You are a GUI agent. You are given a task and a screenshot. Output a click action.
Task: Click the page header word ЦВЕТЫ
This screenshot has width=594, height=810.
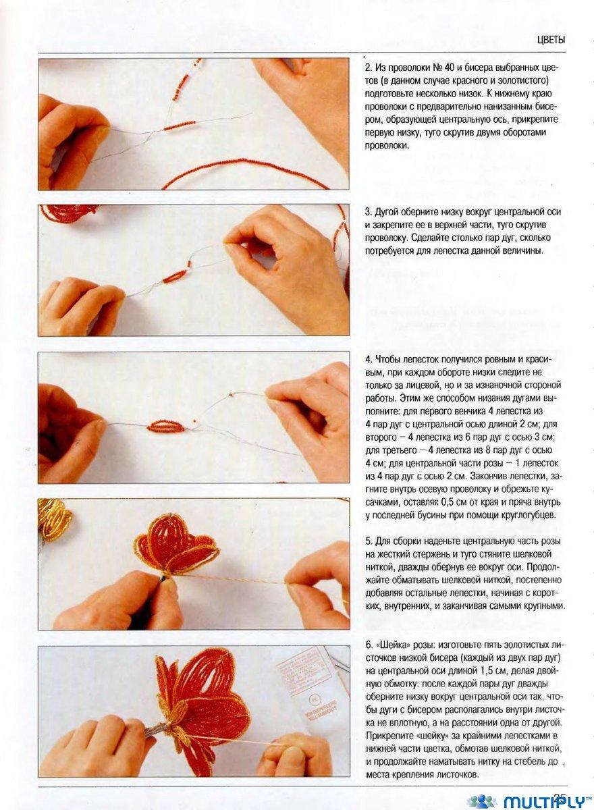click(x=551, y=40)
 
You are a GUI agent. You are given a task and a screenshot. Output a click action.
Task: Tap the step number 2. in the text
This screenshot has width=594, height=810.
click(x=369, y=67)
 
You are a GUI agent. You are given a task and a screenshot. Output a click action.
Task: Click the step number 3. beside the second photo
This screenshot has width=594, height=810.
click(x=369, y=211)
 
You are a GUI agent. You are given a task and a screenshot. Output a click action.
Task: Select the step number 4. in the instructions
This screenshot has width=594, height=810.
click(x=369, y=359)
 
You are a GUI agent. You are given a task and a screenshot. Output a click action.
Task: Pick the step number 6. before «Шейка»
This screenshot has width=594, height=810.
click(x=369, y=645)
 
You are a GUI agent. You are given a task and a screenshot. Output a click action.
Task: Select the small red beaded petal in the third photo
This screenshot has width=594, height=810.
click(x=167, y=427)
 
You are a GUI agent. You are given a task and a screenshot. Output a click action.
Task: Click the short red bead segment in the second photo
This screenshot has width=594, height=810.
click(x=175, y=276)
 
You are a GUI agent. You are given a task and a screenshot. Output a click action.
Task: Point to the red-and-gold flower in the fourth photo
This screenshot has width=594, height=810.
click(x=176, y=546)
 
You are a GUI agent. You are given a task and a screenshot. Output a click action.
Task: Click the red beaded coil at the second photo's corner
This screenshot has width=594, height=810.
click(x=69, y=213)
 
